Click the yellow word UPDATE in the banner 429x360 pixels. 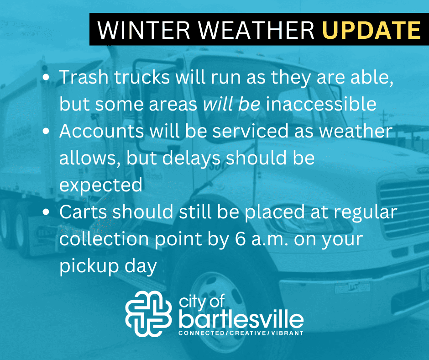click(372, 30)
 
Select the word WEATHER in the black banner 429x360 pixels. click(256, 30)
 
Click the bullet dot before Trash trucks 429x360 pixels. click(46, 77)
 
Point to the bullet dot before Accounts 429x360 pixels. click(46, 131)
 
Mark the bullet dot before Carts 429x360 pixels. click(46, 212)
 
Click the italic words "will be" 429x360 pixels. click(231, 104)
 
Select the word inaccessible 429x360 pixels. click(321, 104)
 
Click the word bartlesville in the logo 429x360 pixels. click(241, 319)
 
